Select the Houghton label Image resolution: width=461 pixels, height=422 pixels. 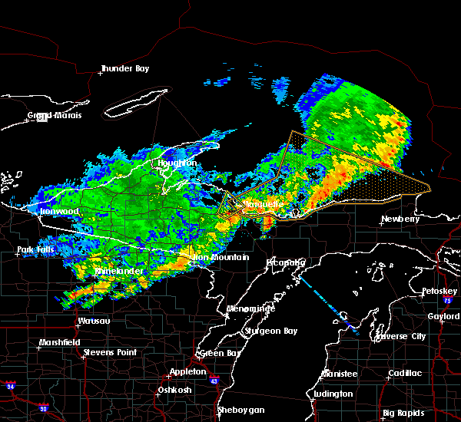click(177, 163)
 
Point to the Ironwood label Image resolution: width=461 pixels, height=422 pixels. click(59, 211)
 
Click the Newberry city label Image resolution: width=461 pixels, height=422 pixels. click(401, 219)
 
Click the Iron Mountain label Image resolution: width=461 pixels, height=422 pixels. click(220, 258)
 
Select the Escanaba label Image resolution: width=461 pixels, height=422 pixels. click(286, 262)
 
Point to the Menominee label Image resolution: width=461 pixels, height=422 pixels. click(250, 308)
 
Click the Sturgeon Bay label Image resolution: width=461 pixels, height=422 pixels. click(269, 331)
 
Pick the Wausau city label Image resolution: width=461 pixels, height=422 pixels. click(93, 321)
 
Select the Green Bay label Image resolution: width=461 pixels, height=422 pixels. click(217, 353)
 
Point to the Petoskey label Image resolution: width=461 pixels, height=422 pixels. click(439, 292)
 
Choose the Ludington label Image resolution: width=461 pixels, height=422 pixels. click(333, 394)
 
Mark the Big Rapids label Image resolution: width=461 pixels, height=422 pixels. click(405, 413)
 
